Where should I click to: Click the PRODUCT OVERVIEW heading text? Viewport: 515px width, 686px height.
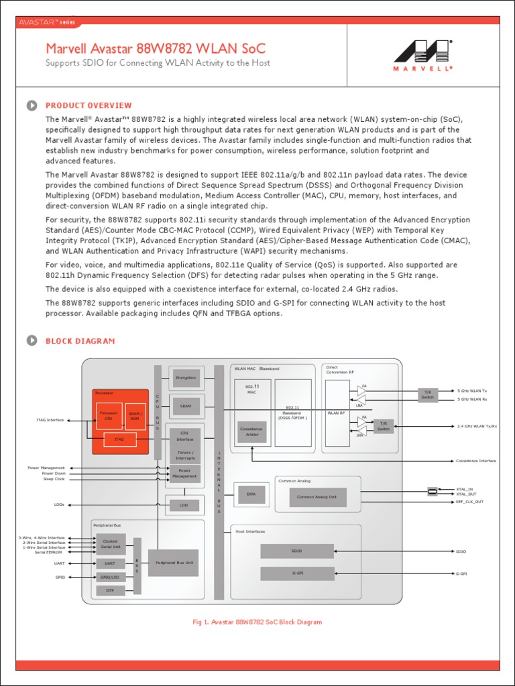(x=89, y=105)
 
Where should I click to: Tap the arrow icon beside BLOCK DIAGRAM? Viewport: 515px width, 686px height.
(x=32, y=341)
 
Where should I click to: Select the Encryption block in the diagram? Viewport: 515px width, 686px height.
(x=186, y=378)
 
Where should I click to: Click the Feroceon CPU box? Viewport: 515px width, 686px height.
(x=109, y=416)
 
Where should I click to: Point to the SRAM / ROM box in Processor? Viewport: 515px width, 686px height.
(x=135, y=416)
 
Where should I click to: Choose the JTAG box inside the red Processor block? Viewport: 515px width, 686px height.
(x=119, y=439)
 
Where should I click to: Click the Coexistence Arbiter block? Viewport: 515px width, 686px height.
(x=251, y=432)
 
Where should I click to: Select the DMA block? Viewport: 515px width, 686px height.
(x=251, y=494)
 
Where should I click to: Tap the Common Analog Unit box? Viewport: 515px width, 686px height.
(x=317, y=497)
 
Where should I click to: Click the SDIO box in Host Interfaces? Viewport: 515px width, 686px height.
(x=297, y=551)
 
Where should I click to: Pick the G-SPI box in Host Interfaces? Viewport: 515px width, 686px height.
(x=297, y=573)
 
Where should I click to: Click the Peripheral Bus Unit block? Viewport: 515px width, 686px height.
(x=174, y=563)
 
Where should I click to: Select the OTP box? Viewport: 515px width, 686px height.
(x=110, y=590)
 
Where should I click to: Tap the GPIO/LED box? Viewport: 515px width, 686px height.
(x=110, y=577)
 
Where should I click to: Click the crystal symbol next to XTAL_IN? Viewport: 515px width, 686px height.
(x=433, y=492)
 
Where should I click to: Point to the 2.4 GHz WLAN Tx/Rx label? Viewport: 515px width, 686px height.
(x=477, y=426)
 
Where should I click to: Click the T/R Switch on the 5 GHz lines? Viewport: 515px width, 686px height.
(x=427, y=395)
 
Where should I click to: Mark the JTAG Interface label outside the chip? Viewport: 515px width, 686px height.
(x=50, y=420)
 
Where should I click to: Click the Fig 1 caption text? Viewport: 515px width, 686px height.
(x=257, y=622)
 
